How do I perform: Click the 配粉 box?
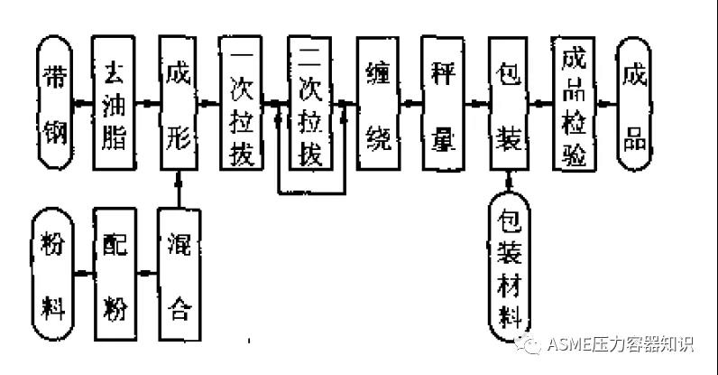[x=115, y=271]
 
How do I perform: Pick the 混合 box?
[x=178, y=271]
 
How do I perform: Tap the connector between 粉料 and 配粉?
[x=83, y=272]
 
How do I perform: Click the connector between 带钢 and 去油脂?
[x=84, y=103]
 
